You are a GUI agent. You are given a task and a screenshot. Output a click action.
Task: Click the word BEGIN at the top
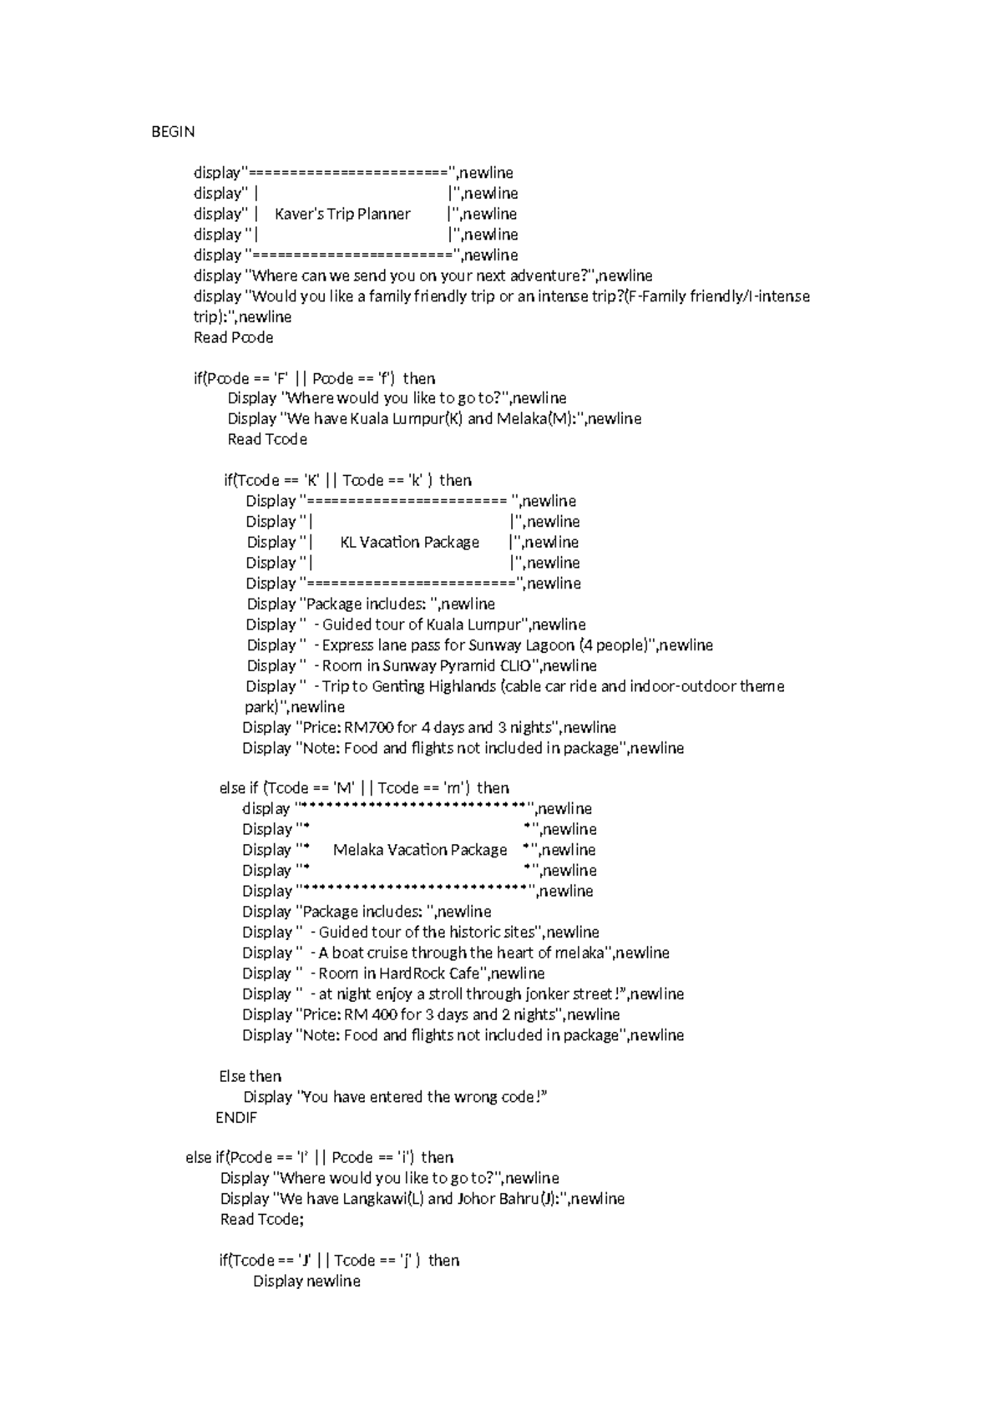[173, 132]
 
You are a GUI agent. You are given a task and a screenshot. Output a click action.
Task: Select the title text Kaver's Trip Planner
[342, 215]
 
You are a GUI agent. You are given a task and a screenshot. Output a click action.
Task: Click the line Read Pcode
[233, 338]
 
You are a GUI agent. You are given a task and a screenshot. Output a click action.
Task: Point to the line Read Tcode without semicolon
[267, 439]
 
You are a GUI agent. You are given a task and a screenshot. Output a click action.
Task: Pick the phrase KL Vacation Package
[409, 543]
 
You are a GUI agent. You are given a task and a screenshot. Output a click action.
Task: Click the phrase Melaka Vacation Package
[420, 850]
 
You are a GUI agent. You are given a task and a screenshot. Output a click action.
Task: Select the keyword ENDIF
[236, 1118]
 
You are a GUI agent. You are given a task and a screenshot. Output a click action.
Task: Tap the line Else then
[250, 1077]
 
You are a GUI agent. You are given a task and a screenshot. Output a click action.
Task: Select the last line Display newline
[306, 1282]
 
